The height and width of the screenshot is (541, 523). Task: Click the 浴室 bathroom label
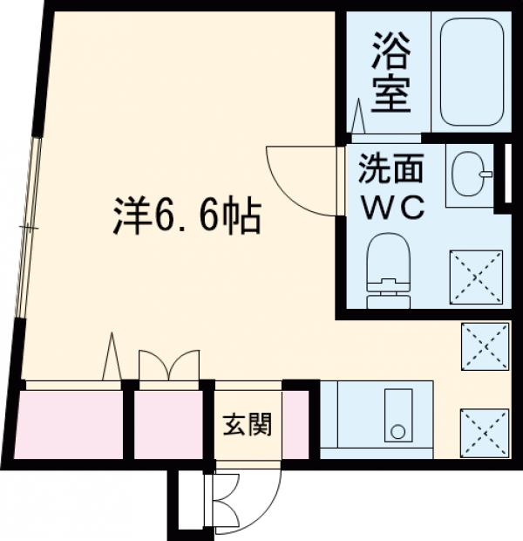392,72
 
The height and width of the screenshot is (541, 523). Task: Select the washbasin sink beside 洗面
471,175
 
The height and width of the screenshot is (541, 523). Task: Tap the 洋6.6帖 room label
187,216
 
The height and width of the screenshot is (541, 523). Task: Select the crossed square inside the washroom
476,277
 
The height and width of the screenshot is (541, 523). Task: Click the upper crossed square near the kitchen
485,346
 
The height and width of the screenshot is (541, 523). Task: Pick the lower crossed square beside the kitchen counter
485,433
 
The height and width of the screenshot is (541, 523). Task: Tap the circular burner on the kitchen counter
397,431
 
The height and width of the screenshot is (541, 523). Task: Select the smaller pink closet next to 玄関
167,425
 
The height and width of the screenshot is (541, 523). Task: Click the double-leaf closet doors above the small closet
169,366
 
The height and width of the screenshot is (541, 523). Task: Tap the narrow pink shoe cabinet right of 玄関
295,425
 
